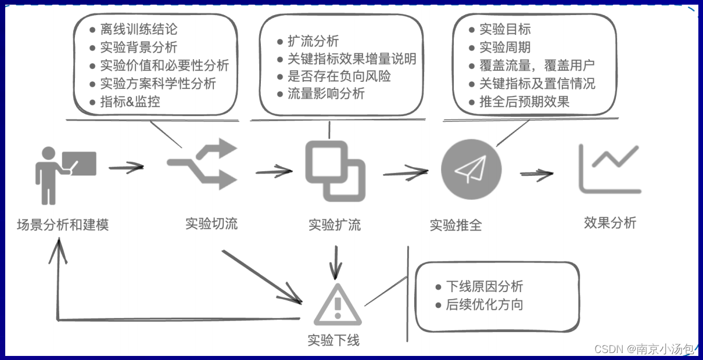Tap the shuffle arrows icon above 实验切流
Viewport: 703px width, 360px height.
203,165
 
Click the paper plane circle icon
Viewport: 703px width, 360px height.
471,169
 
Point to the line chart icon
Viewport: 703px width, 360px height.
609,168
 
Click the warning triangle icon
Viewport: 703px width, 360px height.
337,304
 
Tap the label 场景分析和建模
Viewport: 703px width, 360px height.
63,224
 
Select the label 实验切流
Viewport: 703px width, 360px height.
211,224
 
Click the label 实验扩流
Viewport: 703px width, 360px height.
335,225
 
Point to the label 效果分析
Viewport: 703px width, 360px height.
610,223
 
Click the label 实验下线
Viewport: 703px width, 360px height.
333,340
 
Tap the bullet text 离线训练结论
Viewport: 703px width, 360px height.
139,29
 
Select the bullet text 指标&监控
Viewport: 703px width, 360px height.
130,102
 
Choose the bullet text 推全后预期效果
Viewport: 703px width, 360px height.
524,102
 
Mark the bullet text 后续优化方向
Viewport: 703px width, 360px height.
484,304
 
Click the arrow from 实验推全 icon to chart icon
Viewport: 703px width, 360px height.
536,173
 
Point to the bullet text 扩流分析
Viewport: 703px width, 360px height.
313,41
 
